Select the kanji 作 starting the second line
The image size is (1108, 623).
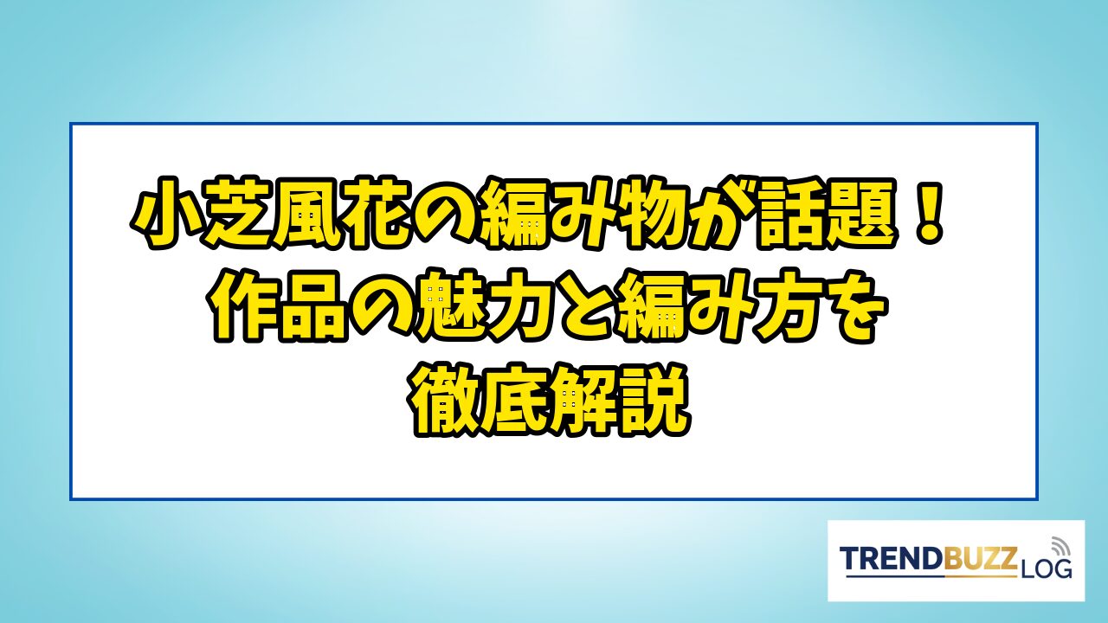tap(243, 305)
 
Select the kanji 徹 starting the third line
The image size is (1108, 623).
tap(446, 400)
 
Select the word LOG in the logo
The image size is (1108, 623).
tap(1046, 569)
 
